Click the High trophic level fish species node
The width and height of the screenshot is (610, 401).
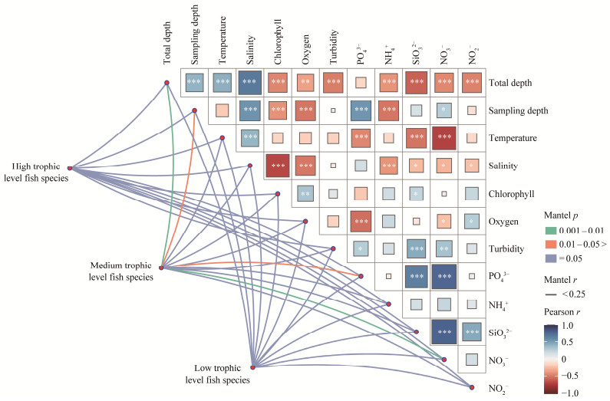click(x=70, y=168)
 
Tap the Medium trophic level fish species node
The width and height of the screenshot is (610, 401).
click(x=161, y=268)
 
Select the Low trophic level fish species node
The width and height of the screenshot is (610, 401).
click(x=252, y=366)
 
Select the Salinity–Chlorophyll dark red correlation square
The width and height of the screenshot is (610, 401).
click(x=278, y=166)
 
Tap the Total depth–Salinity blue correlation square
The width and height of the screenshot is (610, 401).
click(x=250, y=82)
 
